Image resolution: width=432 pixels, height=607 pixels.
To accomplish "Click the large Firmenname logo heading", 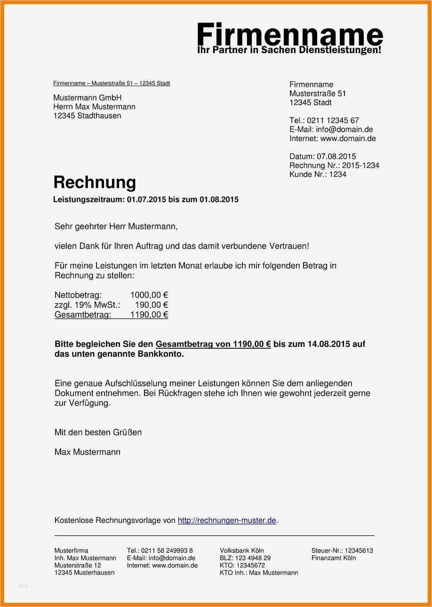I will coord(289,34).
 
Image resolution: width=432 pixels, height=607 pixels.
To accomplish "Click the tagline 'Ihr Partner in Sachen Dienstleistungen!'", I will coord(289,50).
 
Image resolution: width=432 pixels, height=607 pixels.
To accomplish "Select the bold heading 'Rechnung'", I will coord(95,182).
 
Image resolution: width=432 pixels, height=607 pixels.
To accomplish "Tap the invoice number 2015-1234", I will coord(360,166).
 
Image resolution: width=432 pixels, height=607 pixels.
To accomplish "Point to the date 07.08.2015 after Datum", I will coord(336,157).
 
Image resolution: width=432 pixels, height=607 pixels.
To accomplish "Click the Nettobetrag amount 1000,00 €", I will coord(149,296).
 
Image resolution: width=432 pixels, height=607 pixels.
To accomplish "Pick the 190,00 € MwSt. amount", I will coord(152,305).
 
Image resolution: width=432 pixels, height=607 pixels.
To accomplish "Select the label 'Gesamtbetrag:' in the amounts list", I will coord(83,315).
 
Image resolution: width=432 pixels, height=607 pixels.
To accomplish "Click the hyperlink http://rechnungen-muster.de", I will coord(227,520).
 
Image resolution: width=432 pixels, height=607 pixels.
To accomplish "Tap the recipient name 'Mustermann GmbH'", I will coord(88,98).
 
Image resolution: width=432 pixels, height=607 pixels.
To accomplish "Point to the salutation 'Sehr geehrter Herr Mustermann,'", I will coord(116,227).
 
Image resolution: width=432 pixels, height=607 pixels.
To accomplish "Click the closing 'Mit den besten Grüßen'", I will coord(98,432).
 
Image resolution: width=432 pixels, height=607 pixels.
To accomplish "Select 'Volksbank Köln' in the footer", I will coord(242,551).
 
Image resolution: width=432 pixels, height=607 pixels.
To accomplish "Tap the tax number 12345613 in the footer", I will coord(359,551).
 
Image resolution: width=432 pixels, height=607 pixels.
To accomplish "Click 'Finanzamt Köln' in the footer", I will coord(334,558).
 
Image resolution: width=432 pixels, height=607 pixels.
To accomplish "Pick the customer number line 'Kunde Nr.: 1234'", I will coord(318,175).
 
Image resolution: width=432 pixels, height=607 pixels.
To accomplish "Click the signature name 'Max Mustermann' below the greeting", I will coord(88,452).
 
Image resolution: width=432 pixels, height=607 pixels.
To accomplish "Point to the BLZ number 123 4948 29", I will coord(253,558).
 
